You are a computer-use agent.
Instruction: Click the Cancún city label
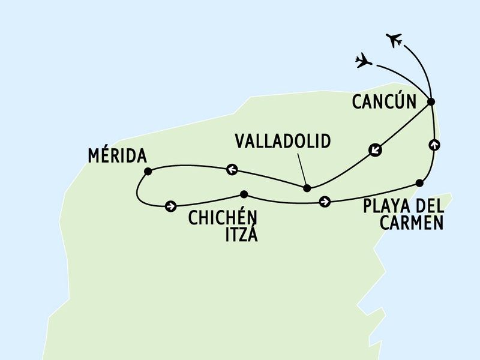click(384, 101)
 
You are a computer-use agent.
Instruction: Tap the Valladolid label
click(283, 141)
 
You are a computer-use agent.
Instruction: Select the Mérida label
click(117, 155)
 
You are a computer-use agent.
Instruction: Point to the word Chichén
click(223, 217)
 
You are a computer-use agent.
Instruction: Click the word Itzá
click(242, 234)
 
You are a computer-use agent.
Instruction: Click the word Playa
click(386, 206)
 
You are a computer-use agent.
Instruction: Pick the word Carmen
click(412, 223)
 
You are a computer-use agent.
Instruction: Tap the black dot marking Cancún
click(431, 102)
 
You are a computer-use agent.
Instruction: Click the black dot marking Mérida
click(148, 172)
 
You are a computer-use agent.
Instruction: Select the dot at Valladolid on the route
click(307, 188)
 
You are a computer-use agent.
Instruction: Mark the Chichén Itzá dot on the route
click(244, 194)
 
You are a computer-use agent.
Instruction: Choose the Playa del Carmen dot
click(419, 183)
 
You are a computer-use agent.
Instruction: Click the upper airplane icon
click(394, 40)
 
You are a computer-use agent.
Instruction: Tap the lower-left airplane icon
click(364, 61)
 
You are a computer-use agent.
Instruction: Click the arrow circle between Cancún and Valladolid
click(375, 149)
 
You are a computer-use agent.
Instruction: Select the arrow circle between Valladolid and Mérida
click(232, 169)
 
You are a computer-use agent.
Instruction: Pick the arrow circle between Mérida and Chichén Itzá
click(170, 206)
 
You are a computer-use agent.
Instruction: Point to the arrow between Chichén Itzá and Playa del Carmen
click(325, 202)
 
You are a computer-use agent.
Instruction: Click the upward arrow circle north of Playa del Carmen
click(434, 145)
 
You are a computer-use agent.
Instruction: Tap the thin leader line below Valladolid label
click(302, 169)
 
